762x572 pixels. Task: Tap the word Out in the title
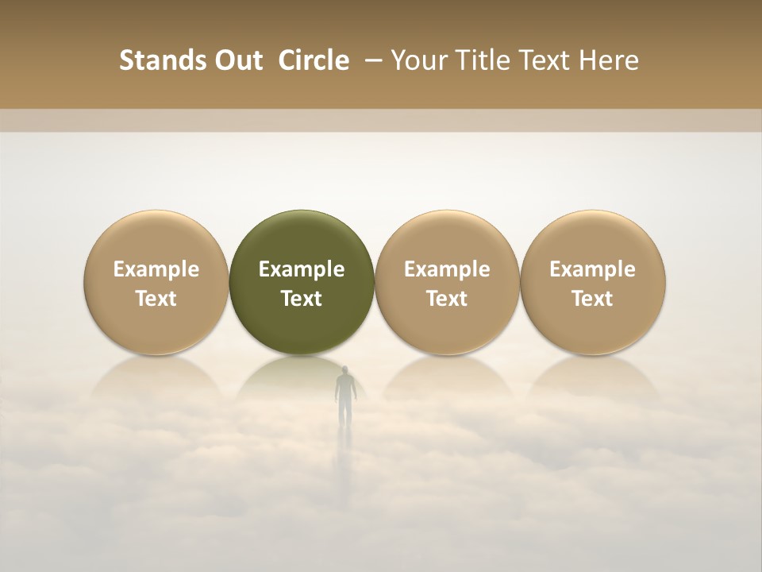pyautogui.click(x=237, y=60)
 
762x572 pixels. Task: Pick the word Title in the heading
pyautogui.click(x=483, y=60)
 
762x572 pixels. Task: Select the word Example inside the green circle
pyautogui.click(x=302, y=269)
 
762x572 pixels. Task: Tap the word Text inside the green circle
pyautogui.click(x=302, y=299)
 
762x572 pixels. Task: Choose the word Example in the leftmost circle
pyautogui.click(x=156, y=269)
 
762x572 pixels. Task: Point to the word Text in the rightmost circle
pyautogui.click(x=592, y=299)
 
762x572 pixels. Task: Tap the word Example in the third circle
pyautogui.click(x=447, y=269)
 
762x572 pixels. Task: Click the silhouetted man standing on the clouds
pyautogui.click(x=344, y=393)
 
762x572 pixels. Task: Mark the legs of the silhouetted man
pyautogui.click(x=344, y=412)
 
